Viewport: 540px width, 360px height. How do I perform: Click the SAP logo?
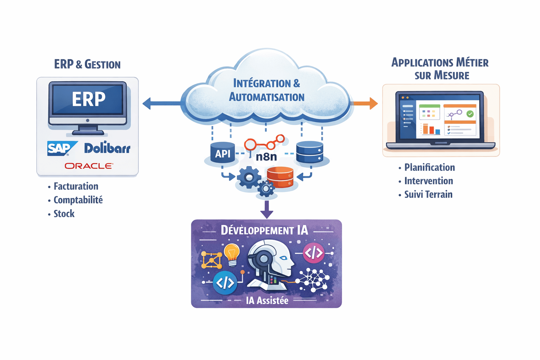tap(60, 148)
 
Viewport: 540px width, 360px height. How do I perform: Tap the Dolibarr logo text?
tap(107, 148)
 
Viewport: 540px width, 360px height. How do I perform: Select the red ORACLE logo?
tap(89, 166)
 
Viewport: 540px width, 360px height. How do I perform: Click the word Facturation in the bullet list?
tap(76, 186)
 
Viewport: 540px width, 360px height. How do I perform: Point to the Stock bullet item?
tap(64, 214)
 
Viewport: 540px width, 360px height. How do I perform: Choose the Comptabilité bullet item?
tap(78, 200)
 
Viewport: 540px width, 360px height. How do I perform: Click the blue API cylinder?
tap(223, 153)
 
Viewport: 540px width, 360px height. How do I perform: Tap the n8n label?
tap(266, 156)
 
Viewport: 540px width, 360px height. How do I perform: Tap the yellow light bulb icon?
tap(232, 254)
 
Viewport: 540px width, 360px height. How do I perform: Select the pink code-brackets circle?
tap(313, 253)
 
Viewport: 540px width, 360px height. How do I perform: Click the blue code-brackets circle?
tap(225, 283)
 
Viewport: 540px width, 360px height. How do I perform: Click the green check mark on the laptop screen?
tap(470, 114)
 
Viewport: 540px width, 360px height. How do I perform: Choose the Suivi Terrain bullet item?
tap(428, 194)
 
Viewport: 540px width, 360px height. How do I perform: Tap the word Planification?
tap(430, 167)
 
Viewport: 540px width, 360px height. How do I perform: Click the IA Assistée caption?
tap(267, 301)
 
